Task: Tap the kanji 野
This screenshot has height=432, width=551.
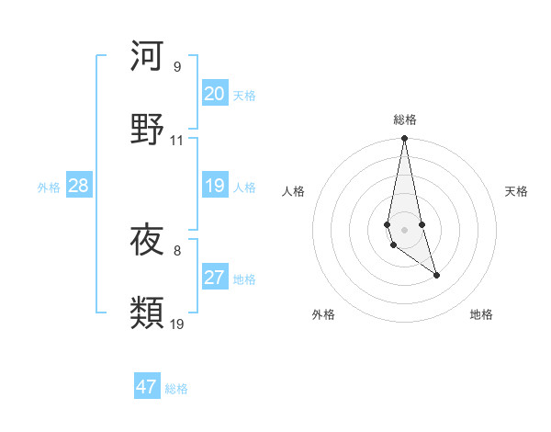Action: click(147, 128)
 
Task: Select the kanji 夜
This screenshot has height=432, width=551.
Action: click(147, 241)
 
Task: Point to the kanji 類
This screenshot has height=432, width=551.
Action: click(147, 313)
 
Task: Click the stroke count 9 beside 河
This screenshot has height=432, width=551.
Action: click(177, 67)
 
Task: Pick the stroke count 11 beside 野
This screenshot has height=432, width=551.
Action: click(177, 141)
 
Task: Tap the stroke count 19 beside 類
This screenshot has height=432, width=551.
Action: click(178, 324)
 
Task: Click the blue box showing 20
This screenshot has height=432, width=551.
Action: click(214, 94)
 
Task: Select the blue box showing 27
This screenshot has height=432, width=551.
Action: click(214, 278)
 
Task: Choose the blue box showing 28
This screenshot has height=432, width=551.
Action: click(78, 186)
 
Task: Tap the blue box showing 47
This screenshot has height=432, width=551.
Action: click(147, 387)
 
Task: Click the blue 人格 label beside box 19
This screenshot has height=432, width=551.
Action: click(244, 187)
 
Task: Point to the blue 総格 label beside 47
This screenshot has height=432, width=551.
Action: click(176, 389)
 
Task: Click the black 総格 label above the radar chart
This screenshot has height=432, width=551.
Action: click(404, 119)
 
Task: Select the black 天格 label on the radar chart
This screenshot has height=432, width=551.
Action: click(517, 191)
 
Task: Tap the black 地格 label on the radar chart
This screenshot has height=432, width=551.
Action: click(481, 314)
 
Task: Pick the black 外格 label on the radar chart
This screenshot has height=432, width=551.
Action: click(323, 314)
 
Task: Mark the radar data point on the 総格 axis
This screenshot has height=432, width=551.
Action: click(404, 139)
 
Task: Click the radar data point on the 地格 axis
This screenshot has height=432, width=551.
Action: click(436, 275)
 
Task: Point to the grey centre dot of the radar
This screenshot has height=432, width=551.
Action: click(404, 228)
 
